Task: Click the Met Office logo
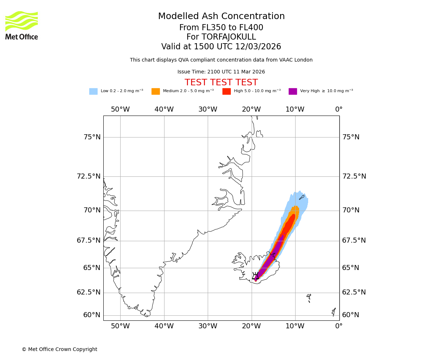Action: [x=22, y=25]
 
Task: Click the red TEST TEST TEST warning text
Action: [x=221, y=82]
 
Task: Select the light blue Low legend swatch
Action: [x=93, y=91]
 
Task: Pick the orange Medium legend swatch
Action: [x=156, y=91]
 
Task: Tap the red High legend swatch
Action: [x=226, y=91]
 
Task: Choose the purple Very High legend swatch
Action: [x=293, y=91]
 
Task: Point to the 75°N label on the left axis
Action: [x=92, y=137]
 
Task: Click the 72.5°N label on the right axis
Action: [x=354, y=176]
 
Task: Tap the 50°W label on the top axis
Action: [x=120, y=109]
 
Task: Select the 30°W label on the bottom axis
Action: [x=208, y=326]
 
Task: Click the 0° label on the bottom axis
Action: [x=339, y=326]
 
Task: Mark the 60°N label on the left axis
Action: [x=92, y=315]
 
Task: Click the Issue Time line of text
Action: [x=221, y=72]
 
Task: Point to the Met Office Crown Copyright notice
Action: [x=59, y=349]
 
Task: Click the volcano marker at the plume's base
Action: [x=255, y=276]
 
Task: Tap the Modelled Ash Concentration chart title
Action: [x=221, y=16]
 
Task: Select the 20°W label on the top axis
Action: [x=251, y=109]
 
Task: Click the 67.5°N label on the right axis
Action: [x=354, y=240]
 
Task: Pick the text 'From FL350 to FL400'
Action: [x=221, y=28]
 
